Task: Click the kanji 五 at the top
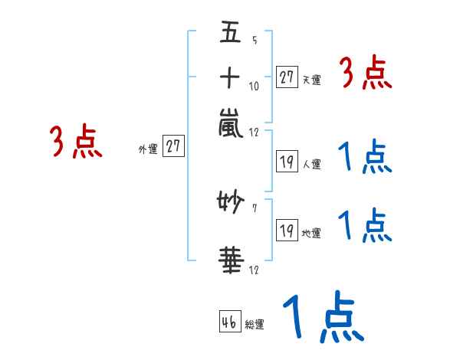230,31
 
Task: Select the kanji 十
230,77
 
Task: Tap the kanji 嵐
231,123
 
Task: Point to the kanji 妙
231,201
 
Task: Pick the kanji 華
232,260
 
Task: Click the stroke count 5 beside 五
255,40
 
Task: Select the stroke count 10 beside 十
254,87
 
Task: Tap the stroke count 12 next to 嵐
254,133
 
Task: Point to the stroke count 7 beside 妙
255,208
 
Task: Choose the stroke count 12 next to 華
254,270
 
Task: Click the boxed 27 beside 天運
287,77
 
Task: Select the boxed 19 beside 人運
287,162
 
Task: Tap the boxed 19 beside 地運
287,230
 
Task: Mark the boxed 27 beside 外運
173,146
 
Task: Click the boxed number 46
230,321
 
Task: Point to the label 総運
255,324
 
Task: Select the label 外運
148,149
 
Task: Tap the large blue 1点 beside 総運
324,316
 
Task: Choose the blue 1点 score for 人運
365,156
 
